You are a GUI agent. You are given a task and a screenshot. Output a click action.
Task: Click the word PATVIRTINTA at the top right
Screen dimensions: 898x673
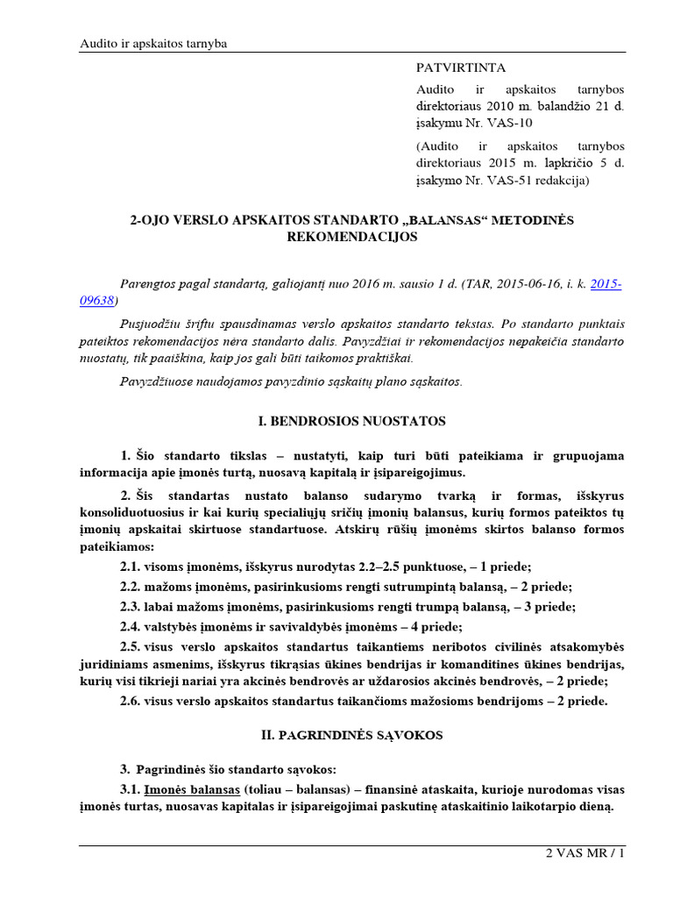[460, 68]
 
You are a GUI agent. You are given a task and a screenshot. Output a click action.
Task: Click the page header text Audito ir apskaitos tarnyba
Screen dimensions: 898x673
[153, 44]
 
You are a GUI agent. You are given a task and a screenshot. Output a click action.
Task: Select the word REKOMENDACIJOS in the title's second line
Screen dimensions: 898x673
[351, 237]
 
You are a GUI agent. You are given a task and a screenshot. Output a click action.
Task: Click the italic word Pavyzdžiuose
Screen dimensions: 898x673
[159, 381]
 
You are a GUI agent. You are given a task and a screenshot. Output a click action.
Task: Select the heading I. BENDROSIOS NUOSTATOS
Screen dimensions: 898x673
[351, 421]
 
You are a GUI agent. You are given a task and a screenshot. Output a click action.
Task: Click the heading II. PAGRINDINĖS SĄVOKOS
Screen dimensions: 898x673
[351, 735]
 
